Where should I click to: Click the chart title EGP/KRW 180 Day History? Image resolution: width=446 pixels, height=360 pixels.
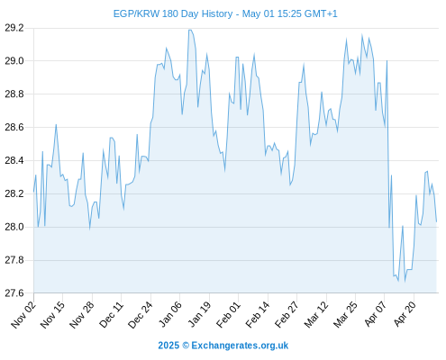173,13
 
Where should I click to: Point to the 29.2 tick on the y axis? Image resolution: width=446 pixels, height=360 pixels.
14,28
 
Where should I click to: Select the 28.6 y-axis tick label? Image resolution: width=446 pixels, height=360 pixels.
14,128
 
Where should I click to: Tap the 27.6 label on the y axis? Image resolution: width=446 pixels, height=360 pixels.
14,293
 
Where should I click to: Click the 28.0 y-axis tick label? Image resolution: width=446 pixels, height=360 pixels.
14,227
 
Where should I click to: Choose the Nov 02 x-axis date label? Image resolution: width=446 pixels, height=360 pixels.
23,315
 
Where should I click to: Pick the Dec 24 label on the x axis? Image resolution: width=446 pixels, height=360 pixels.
141,315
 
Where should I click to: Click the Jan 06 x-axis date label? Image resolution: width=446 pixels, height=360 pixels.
170,314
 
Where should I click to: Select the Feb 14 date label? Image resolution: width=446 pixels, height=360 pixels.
258,315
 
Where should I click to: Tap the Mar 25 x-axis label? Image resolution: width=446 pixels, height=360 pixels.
346,315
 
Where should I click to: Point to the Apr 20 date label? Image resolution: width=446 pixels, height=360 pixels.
405,314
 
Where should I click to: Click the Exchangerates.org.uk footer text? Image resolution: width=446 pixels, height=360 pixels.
240,346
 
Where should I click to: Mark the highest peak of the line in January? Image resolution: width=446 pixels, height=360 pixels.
190,30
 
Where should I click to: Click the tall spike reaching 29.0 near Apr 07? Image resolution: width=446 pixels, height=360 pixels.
387,61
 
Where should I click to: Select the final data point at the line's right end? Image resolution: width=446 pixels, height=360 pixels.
436,221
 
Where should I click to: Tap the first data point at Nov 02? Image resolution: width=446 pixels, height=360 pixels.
33,192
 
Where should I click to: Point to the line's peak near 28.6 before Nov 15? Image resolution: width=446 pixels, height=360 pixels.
56,124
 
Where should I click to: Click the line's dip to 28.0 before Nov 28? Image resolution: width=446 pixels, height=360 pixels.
89,229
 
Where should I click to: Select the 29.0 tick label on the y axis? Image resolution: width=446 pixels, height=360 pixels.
14,61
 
